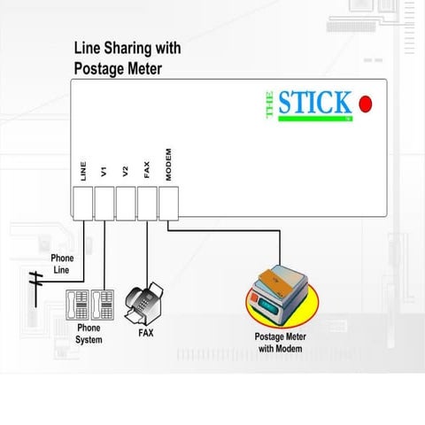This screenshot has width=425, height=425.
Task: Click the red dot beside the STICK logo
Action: pyautogui.click(x=366, y=104)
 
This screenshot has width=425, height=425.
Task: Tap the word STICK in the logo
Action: pyautogui.click(x=315, y=103)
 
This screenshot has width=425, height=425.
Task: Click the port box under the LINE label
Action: pyautogui.click(x=83, y=205)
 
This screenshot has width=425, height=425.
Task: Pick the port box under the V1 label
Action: pyautogui.click(x=104, y=205)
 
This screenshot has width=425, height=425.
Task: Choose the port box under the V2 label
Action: pyautogui.click(x=126, y=205)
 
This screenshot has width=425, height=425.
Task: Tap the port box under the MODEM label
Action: pyautogui.click(x=168, y=205)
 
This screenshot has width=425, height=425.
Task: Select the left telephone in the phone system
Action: pyautogui.click(x=77, y=305)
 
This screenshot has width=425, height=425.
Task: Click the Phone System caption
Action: pyautogui.click(x=89, y=333)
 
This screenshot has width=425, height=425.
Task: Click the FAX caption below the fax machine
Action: pyautogui.click(x=145, y=334)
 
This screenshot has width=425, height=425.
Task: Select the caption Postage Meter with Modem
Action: pyautogui.click(x=280, y=343)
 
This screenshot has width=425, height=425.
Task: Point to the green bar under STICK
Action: pyautogui.click(x=315, y=119)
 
